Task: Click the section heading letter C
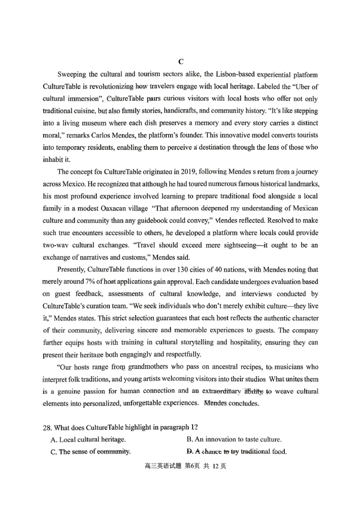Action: pyautogui.click(x=180, y=62)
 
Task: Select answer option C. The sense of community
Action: pyautogui.click(x=90, y=452)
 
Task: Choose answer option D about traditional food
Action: pyautogui.click(x=236, y=452)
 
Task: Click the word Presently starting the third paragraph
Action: pyautogui.click(x=73, y=270)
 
